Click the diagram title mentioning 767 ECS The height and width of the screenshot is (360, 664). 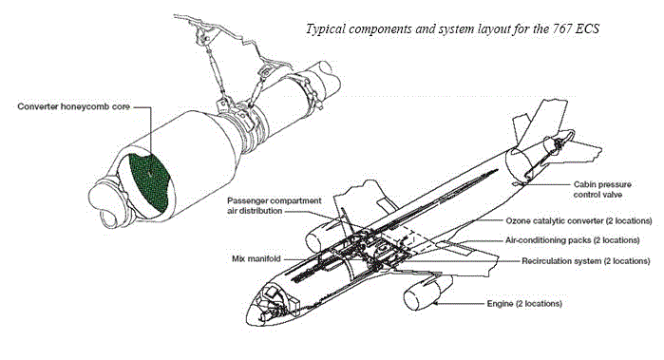[452, 29]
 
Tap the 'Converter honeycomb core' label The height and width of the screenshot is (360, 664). [74, 106]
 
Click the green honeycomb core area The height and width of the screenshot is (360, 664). [149, 181]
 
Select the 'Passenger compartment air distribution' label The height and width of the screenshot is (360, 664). [275, 205]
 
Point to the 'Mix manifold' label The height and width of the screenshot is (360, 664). [256, 258]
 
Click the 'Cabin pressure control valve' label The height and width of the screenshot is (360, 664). [602, 189]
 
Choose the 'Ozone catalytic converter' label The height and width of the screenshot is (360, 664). [579, 220]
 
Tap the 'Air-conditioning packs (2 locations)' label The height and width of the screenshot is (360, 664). [572, 240]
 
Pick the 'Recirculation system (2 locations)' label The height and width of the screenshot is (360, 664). [586, 261]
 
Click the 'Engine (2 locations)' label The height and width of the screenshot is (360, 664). [524, 304]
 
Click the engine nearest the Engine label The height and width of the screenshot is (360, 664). [426, 293]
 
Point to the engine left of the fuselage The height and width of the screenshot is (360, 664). [325, 236]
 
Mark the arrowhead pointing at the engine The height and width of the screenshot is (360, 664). [436, 303]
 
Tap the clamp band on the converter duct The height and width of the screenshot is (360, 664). [308, 89]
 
